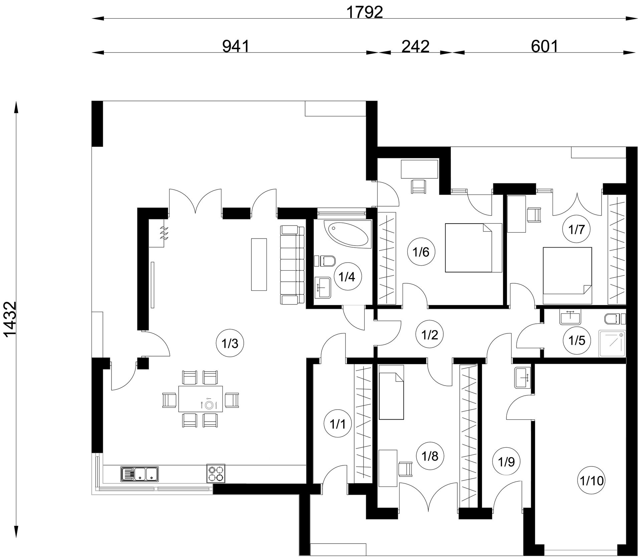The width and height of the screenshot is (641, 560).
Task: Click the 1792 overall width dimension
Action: click(365, 13)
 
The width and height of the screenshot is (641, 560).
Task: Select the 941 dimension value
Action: click(236, 46)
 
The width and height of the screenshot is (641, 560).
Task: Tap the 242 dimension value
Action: click(415, 46)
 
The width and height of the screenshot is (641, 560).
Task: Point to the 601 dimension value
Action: click(545, 46)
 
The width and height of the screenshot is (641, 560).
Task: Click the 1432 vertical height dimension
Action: click(10, 320)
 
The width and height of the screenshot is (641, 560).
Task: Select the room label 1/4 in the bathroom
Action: click(347, 277)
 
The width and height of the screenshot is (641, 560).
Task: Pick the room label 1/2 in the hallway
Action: click(430, 335)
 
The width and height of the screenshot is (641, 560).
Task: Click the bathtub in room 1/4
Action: click(347, 234)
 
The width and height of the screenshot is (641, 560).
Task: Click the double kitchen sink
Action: click(140, 474)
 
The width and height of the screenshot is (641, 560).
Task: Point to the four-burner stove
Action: click(216, 473)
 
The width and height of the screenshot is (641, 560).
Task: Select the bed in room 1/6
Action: click(474, 248)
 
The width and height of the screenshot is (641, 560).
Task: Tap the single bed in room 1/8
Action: click(392, 392)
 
